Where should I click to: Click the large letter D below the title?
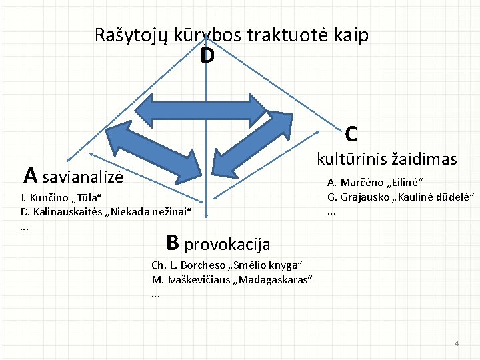(207, 57)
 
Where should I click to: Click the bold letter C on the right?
(351, 134)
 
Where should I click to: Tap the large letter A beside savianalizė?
(30, 175)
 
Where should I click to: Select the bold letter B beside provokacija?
(172, 242)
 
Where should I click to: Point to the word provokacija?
(227, 245)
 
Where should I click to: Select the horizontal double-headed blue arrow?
(207, 109)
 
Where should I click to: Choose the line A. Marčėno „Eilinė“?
(375, 183)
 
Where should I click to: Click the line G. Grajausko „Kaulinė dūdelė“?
(400, 197)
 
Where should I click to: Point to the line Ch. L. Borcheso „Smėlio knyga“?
(227, 264)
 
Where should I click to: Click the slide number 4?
(456, 343)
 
